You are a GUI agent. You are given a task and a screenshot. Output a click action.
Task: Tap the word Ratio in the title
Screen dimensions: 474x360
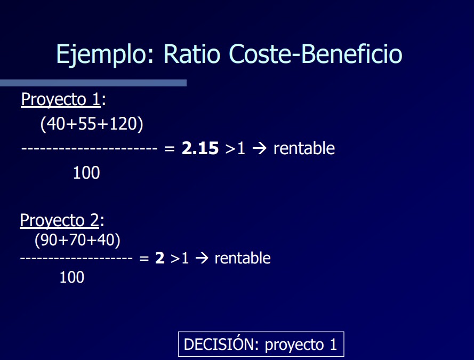pos(192,54)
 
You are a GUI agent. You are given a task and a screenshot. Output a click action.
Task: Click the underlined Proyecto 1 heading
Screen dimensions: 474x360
pos(60,100)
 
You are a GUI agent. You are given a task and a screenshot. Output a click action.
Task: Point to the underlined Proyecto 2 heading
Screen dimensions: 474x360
pos(59,220)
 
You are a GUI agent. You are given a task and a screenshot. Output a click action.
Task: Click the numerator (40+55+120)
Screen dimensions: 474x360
pos(92,124)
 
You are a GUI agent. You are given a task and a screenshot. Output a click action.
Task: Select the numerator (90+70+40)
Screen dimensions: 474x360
pos(77,240)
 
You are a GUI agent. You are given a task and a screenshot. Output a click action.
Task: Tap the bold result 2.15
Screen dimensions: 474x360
pos(200,148)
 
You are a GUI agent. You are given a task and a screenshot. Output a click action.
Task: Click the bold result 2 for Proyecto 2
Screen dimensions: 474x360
pos(160,258)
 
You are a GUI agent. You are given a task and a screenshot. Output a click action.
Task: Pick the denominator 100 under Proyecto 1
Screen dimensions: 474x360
pos(86,173)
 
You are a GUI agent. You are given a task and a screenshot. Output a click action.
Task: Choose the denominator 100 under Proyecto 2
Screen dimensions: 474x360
pos(72,277)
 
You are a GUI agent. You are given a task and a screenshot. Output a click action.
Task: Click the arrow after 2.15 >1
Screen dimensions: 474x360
pos(260,148)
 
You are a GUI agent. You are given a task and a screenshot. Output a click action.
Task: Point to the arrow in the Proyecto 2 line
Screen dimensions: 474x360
pos(202,258)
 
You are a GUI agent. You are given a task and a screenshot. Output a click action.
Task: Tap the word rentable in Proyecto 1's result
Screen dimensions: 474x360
pos(304,148)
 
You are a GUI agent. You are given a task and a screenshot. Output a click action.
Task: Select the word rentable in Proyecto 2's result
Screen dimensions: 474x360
pos(243,258)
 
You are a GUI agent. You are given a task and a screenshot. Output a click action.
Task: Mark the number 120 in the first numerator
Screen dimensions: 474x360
pos(123,124)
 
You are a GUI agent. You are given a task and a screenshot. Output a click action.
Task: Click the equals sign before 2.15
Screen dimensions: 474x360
pos(170,148)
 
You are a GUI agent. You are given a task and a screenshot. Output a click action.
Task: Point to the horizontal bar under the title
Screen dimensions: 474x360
pos(93,83)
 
